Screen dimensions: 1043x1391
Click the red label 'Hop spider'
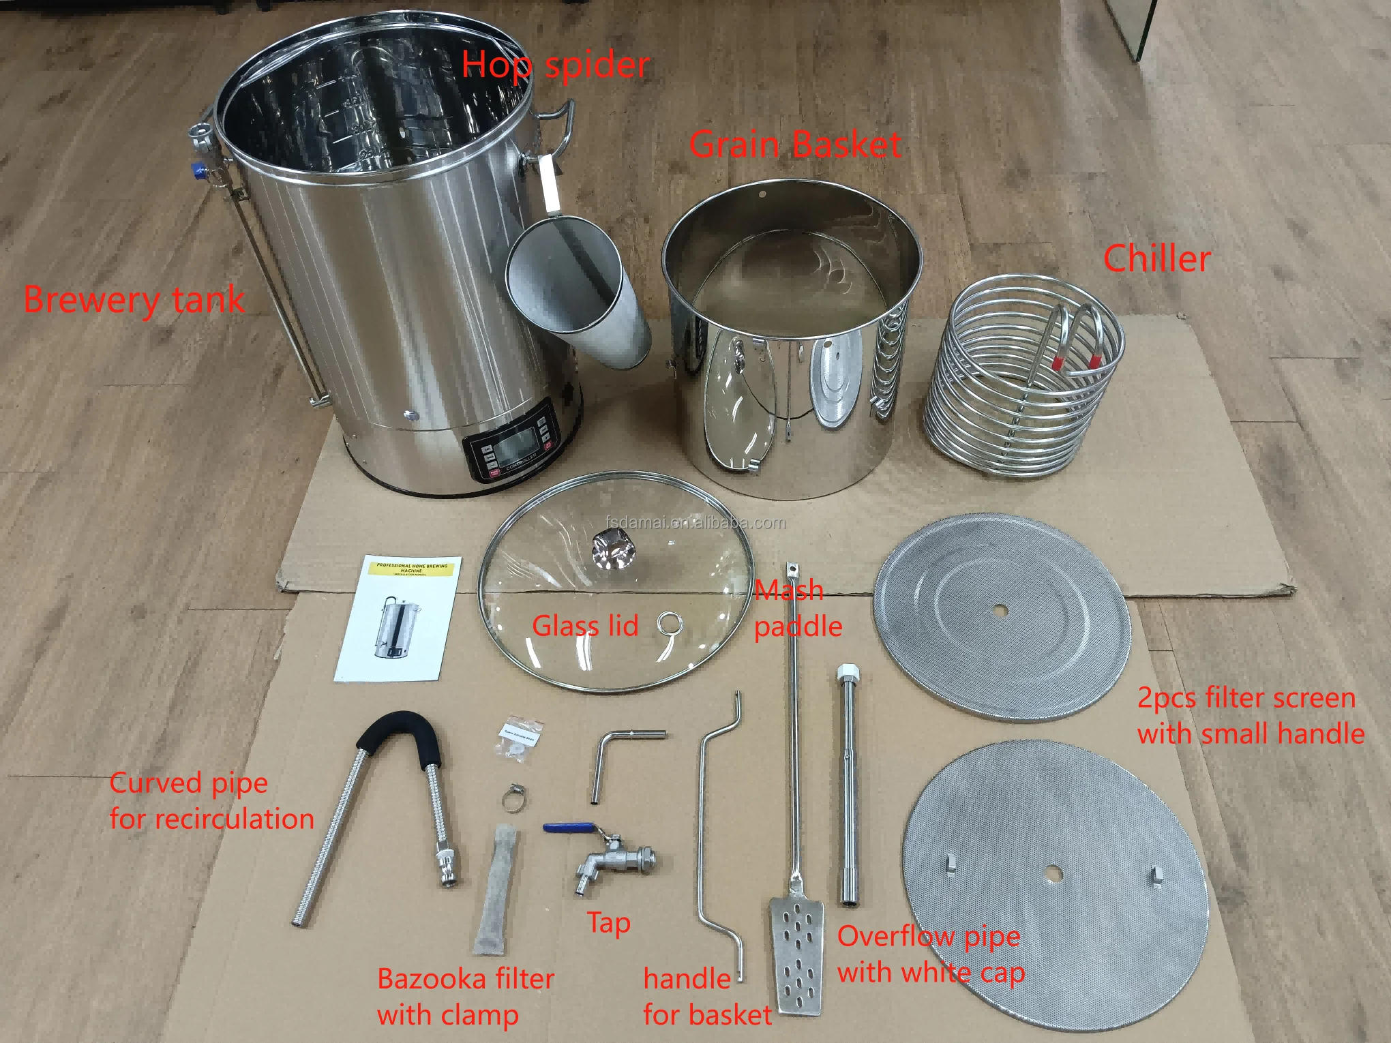point(555,65)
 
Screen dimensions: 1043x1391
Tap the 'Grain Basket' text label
point(795,145)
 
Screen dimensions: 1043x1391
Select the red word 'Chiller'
point(1156,259)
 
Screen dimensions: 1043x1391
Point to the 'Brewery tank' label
point(134,300)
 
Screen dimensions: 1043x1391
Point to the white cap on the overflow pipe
point(848,672)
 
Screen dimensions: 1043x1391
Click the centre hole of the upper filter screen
point(1000,610)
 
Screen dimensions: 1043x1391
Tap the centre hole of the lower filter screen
point(1052,873)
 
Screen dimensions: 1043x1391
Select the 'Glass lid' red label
point(585,626)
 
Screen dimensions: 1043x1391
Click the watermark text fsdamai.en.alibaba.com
point(695,523)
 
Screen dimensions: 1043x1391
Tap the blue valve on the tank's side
point(198,168)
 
